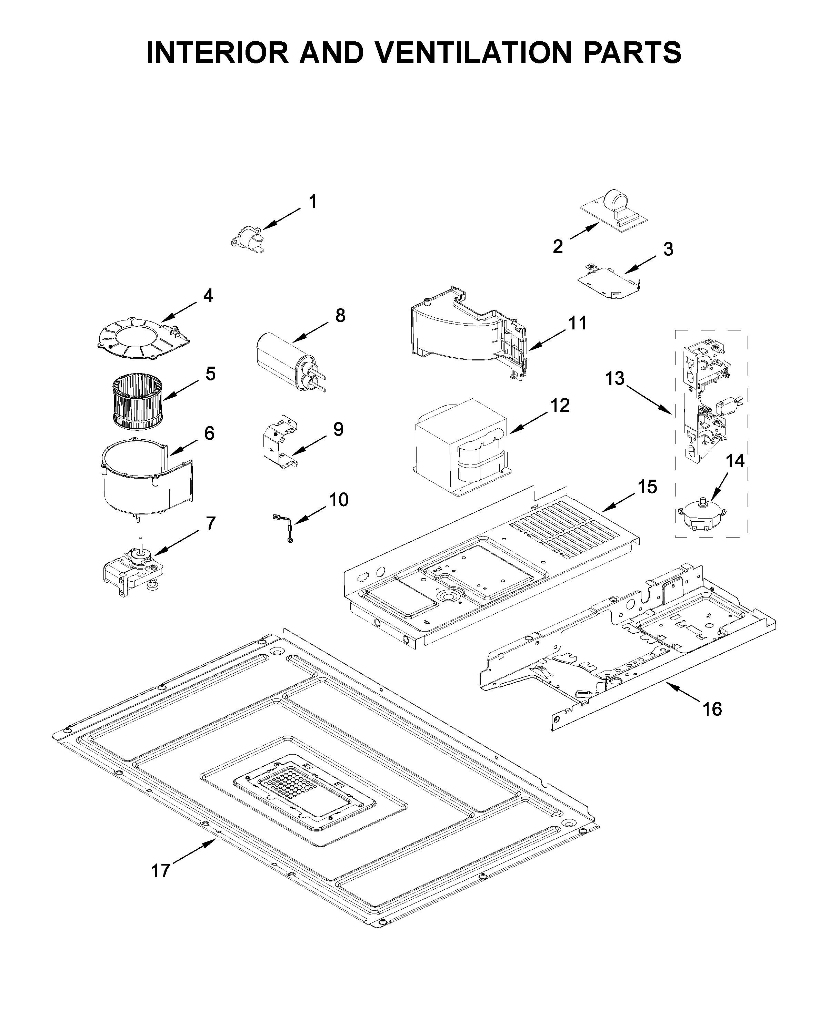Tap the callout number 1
click(x=312, y=202)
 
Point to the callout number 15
click(x=647, y=487)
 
